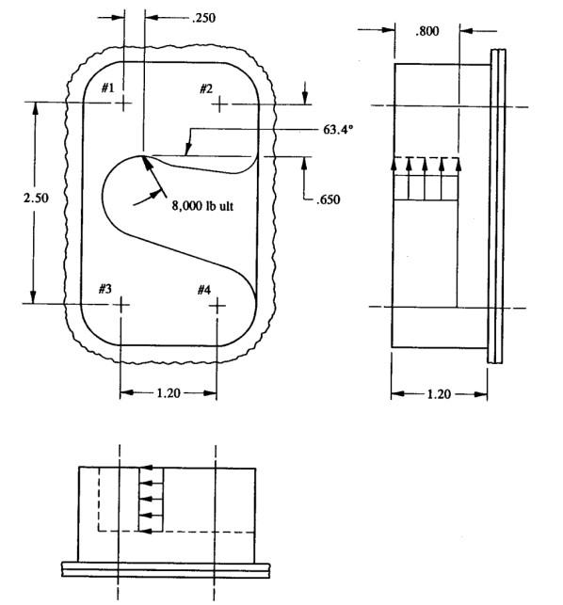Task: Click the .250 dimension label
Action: [203, 18]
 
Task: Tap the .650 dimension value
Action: [328, 199]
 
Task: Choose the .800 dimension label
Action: [427, 31]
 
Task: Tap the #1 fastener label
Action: [108, 88]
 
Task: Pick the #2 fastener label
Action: [206, 88]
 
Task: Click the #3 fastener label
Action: [105, 288]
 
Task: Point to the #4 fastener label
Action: [203, 289]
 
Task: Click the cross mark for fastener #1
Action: [123, 103]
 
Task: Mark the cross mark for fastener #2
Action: [219, 103]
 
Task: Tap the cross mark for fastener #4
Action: [218, 305]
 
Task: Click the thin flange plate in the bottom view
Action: [166, 568]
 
